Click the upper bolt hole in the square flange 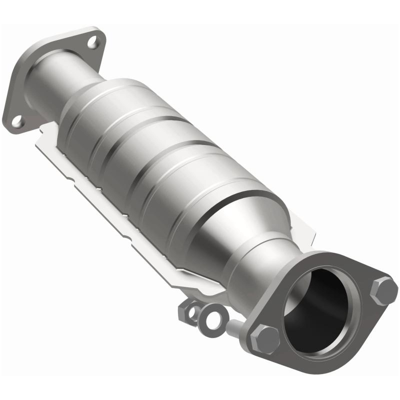point(92,41)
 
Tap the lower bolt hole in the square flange point(17,120)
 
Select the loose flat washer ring point(212,317)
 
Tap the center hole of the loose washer point(213,319)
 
